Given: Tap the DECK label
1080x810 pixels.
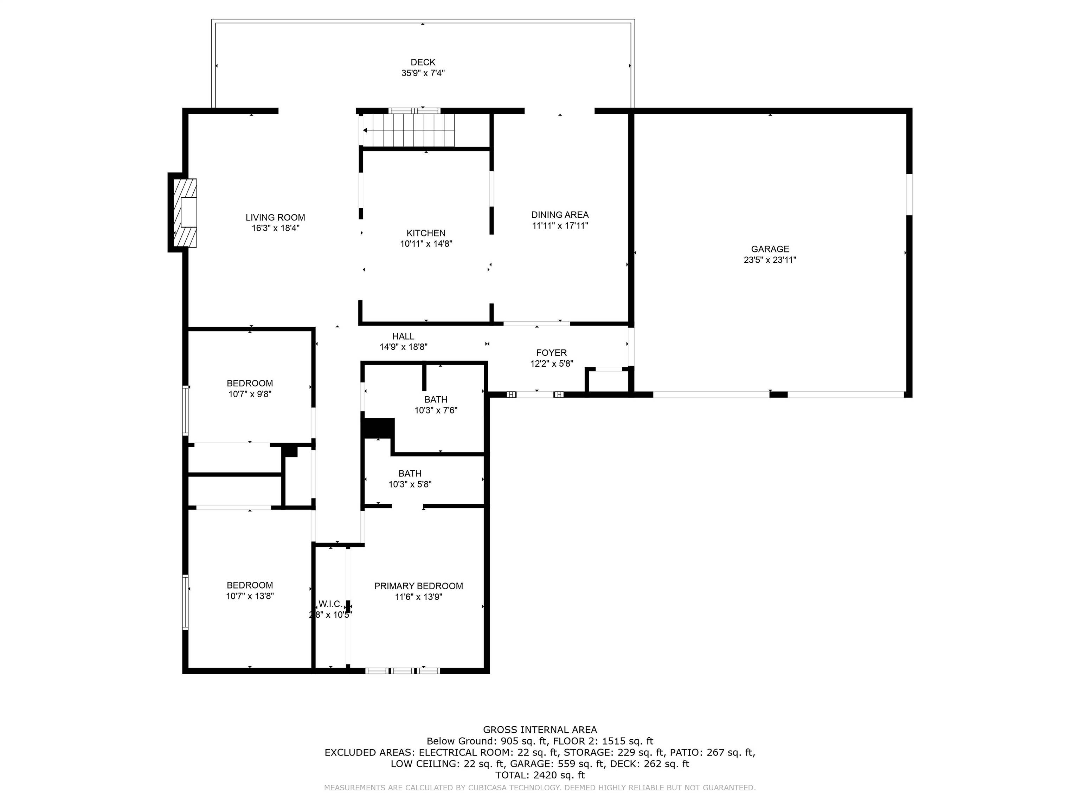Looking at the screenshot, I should (x=423, y=62).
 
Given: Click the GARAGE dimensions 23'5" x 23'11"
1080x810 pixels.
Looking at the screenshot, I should (x=770, y=260).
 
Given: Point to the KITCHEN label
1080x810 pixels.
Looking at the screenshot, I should (x=426, y=233).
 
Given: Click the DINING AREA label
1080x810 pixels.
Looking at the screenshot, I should (x=560, y=215).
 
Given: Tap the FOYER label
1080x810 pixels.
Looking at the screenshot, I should (x=551, y=353).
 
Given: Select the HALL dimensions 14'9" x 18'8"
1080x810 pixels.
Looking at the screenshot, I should (x=403, y=347).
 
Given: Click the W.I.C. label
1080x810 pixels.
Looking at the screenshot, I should (x=330, y=604).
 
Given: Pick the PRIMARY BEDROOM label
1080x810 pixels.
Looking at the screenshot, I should (x=418, y=586).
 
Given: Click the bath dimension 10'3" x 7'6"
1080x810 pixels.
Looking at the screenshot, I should (x=436, y=411).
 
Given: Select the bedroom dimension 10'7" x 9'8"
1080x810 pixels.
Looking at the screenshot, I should (x=250, y=394).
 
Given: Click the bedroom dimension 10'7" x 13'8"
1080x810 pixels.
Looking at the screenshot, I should (x=250, y=596).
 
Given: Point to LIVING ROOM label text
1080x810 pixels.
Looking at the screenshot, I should (x=275, y=218).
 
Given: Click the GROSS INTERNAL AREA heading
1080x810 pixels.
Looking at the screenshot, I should (x=540, y=730).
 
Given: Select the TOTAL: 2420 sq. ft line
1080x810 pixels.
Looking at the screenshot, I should (x=540, y=775).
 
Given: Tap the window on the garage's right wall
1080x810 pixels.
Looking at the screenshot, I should (x=909, y=194).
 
